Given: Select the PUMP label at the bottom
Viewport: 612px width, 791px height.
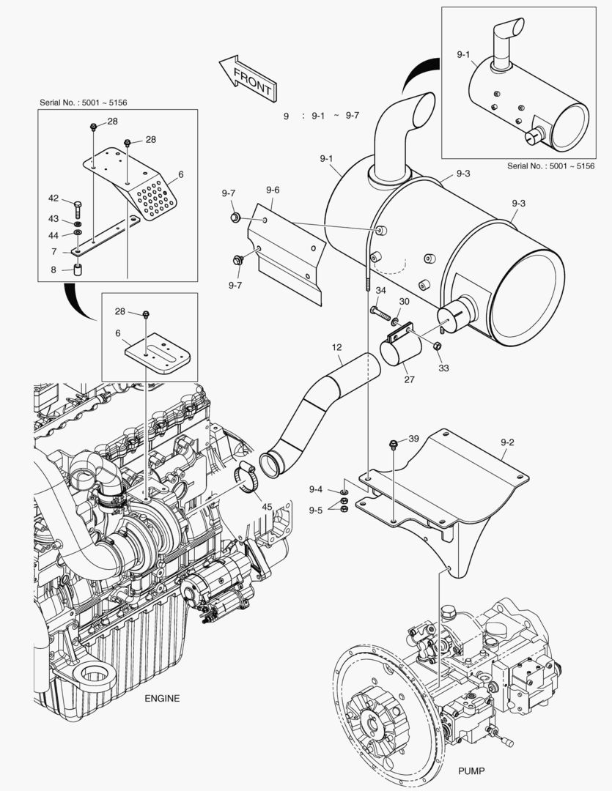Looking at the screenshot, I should tap(472, 770).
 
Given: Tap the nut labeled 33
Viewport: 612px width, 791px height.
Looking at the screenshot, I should tap(438, 346).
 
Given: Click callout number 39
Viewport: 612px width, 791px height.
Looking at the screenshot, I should tap(413, 438).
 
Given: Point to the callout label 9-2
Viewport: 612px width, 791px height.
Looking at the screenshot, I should tap(507, 442).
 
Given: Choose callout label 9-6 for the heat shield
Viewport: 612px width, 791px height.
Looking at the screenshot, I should tap(273, 190).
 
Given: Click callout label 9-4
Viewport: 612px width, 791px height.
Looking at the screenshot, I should tap(316, 489).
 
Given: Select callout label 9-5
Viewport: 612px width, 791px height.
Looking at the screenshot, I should tap(316, 509).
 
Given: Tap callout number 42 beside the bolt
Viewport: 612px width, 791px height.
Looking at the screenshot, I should tap(54, 198).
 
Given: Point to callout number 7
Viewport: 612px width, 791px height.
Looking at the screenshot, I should tap(54, 251).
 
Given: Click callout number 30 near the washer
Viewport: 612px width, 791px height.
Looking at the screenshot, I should tap(404, 301).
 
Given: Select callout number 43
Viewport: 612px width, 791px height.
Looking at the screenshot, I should tap(54, 218).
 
